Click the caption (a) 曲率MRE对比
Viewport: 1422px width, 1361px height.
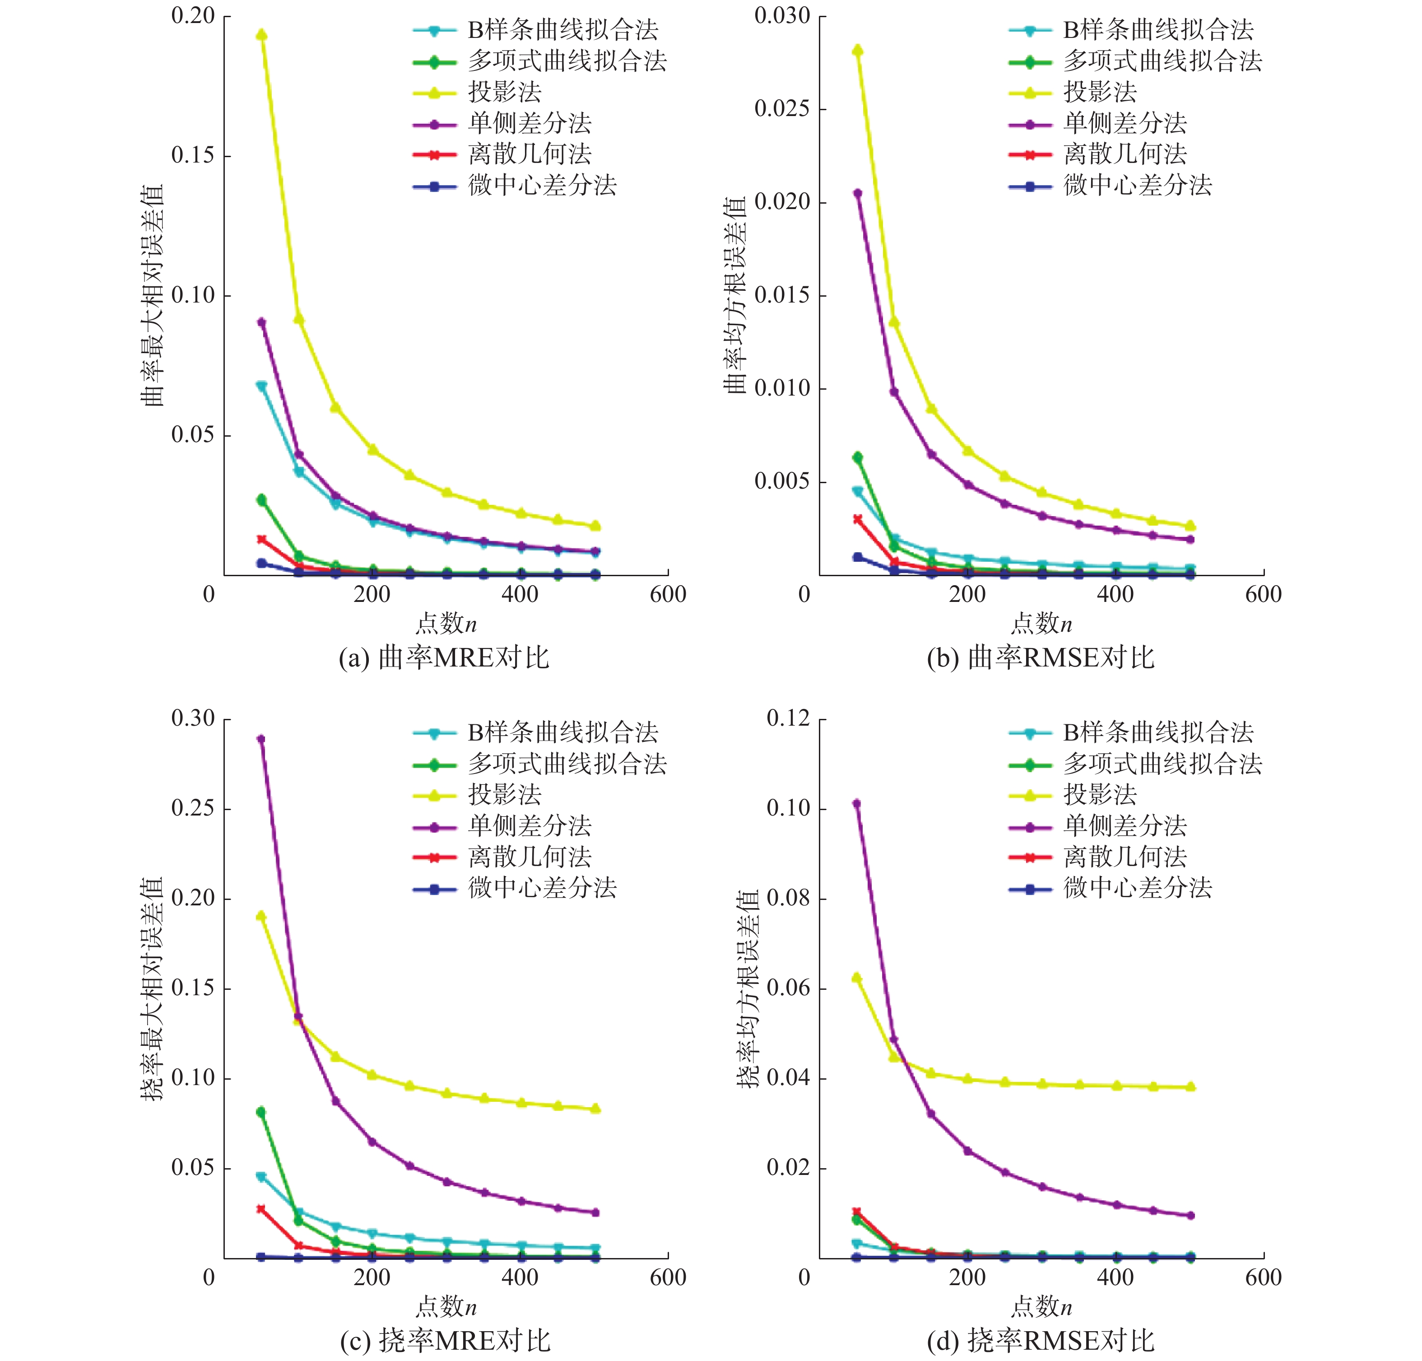tap(444, 657)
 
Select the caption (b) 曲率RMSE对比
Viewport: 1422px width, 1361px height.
tap(1040, 657)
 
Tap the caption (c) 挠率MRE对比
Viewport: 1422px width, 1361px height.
tap(445, 1341)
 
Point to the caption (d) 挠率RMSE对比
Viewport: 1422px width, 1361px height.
tap(1040, 1341)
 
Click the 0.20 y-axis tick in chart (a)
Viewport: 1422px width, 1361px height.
tap(193, 15)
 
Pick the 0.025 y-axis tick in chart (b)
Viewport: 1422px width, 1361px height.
tap(782, 109)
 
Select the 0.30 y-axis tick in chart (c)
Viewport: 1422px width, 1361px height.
tap(193, 718)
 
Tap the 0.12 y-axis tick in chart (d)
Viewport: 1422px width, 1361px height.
tap(788, 718)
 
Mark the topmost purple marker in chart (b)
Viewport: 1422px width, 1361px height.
tap(857, 193)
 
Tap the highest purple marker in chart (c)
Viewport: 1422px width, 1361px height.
tap(261, 739)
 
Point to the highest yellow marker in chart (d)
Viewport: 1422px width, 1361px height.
tap(857, 978)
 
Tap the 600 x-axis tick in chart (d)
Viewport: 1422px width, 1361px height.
tap(1263, 1277)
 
